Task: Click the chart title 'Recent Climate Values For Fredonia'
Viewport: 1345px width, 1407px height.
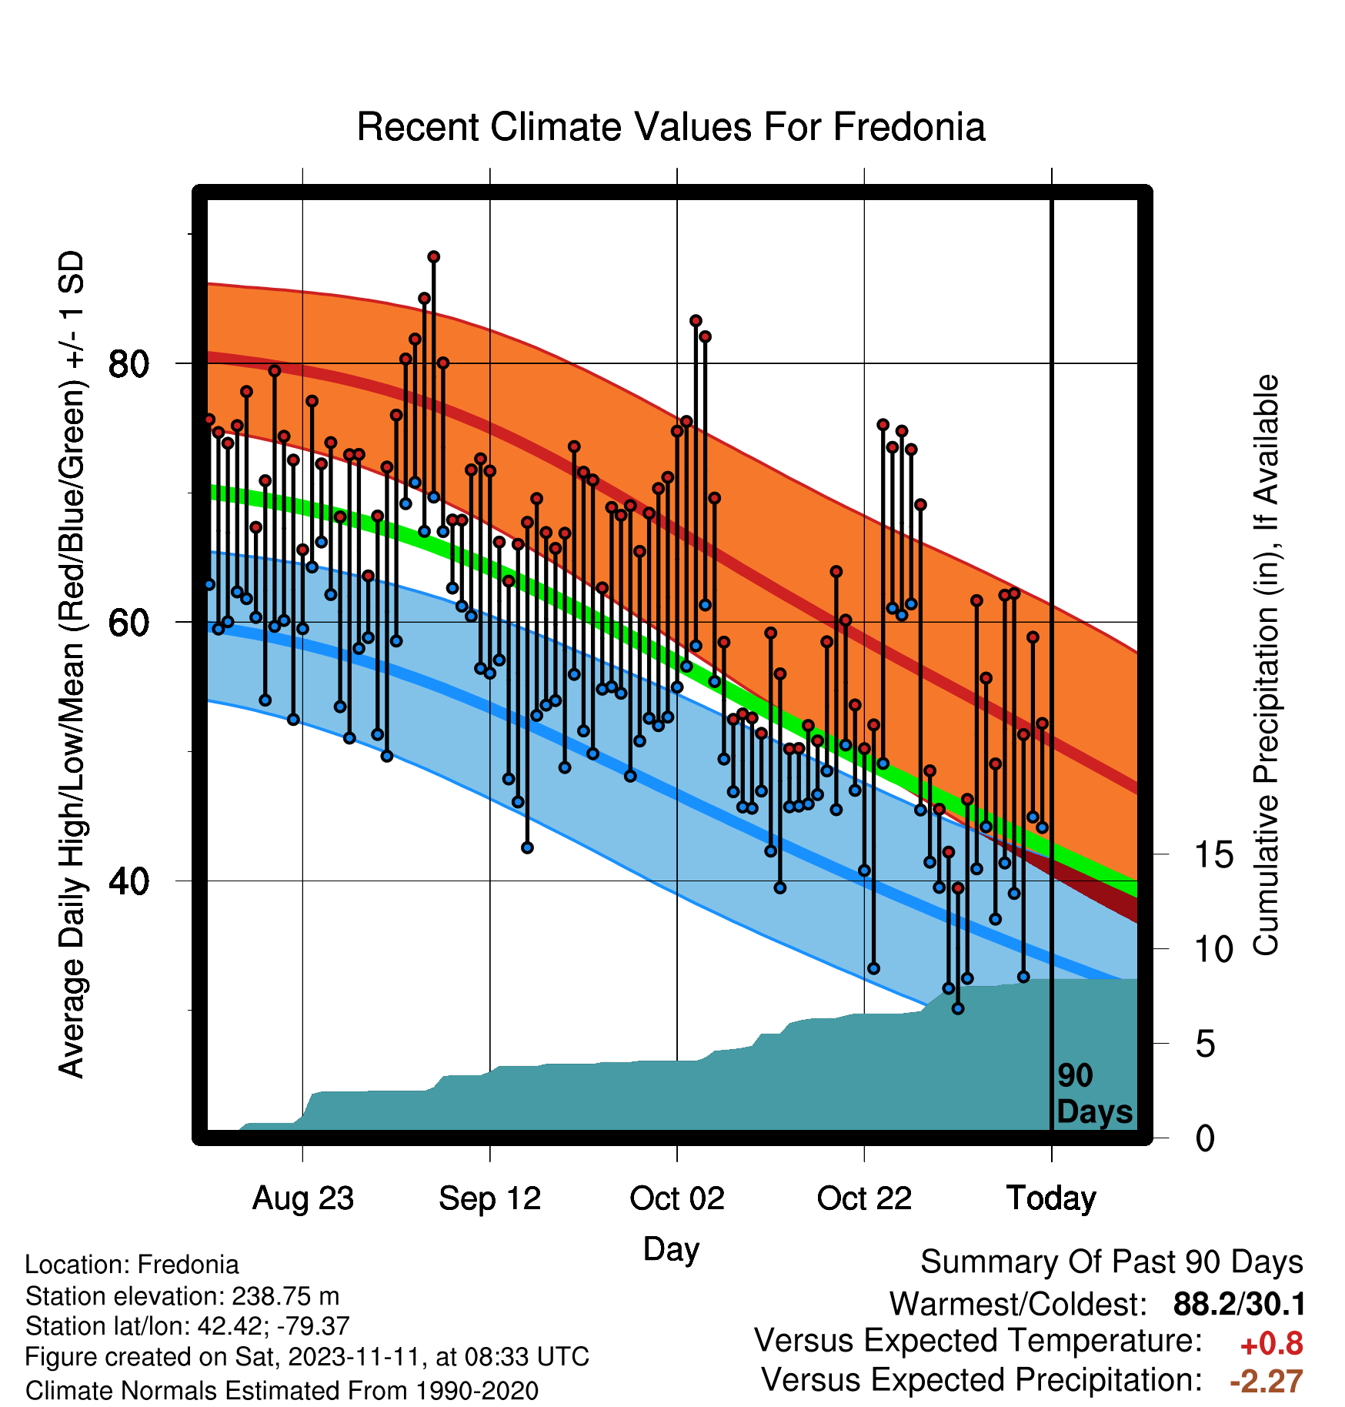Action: click(671, 127)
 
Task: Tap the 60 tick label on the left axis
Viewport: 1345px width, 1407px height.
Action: click(128, 622)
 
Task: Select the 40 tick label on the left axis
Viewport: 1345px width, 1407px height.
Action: click(128, 881)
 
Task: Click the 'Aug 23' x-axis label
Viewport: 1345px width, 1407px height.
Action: click(303, 1198)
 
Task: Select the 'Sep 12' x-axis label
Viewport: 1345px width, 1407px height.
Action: click(490, 1198)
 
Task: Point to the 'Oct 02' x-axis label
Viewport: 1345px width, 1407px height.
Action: click(677, 1198)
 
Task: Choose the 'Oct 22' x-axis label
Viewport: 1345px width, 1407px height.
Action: click(864, 1198)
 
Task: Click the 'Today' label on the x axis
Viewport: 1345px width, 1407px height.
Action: click(1052, 1198)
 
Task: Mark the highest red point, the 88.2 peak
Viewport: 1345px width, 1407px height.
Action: click(434, 256)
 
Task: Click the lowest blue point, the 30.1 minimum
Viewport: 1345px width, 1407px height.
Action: click(958, 1008)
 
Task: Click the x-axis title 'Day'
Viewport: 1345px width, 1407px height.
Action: click(671, 1249)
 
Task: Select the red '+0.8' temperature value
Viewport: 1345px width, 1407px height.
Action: click(1272, 1344)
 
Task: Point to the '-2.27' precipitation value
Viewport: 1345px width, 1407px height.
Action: click(1267, 1382)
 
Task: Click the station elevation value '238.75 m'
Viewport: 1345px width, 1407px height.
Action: click(285, 1296)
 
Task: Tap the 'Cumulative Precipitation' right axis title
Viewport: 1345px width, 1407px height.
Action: click(1266, 665)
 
